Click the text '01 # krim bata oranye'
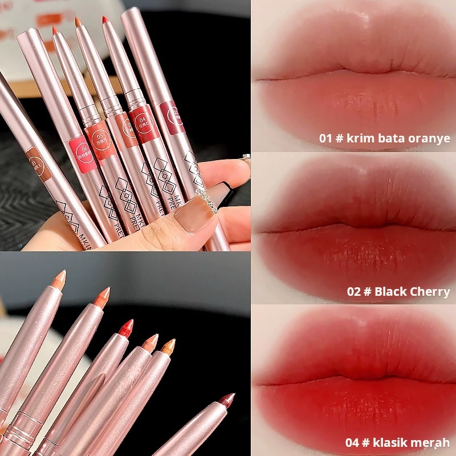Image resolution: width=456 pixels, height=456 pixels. click(x=384, y=139)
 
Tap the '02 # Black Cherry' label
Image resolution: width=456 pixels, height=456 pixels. click(x=398, y=292)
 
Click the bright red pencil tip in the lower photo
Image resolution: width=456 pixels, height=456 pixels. click(x=126, y=327)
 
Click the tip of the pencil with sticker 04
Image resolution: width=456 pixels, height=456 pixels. click(x=105, y=20)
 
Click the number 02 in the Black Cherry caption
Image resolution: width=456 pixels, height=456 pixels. click(x=353, y=292)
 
